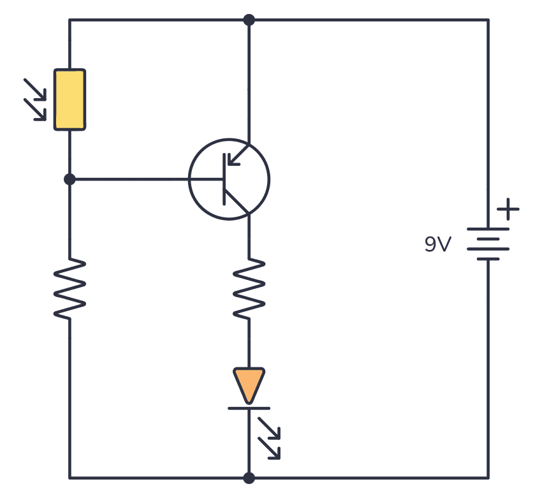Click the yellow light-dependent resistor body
point(69,99)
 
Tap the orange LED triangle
point(249,384)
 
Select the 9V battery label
point(438,244)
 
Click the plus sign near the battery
point(508,209)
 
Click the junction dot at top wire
point(249,20)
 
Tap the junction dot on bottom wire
point(249,478)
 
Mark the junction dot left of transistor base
point(69,179)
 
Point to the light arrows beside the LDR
point(36,99)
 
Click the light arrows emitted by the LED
point(270,438)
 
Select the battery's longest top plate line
point(488,229)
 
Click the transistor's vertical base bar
point(224,179)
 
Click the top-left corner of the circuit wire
point(69,20)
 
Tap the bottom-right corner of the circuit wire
point(488,478)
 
